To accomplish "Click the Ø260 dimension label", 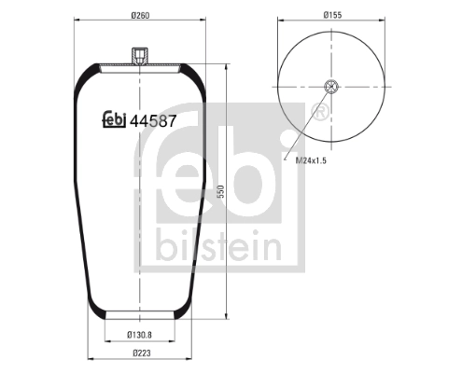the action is coord(140,15).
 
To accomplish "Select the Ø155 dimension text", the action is coord(332,15).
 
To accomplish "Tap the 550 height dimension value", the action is coord(220,191).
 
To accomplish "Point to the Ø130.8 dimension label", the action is coord(139,335).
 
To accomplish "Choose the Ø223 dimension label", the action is coord(142,353).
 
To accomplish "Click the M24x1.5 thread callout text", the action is coord(311,160).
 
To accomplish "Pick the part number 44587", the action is coord(153,121).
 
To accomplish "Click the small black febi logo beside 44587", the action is coord(114,119).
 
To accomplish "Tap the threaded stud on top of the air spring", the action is coord(140,56).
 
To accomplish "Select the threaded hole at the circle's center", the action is coord(331,87).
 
